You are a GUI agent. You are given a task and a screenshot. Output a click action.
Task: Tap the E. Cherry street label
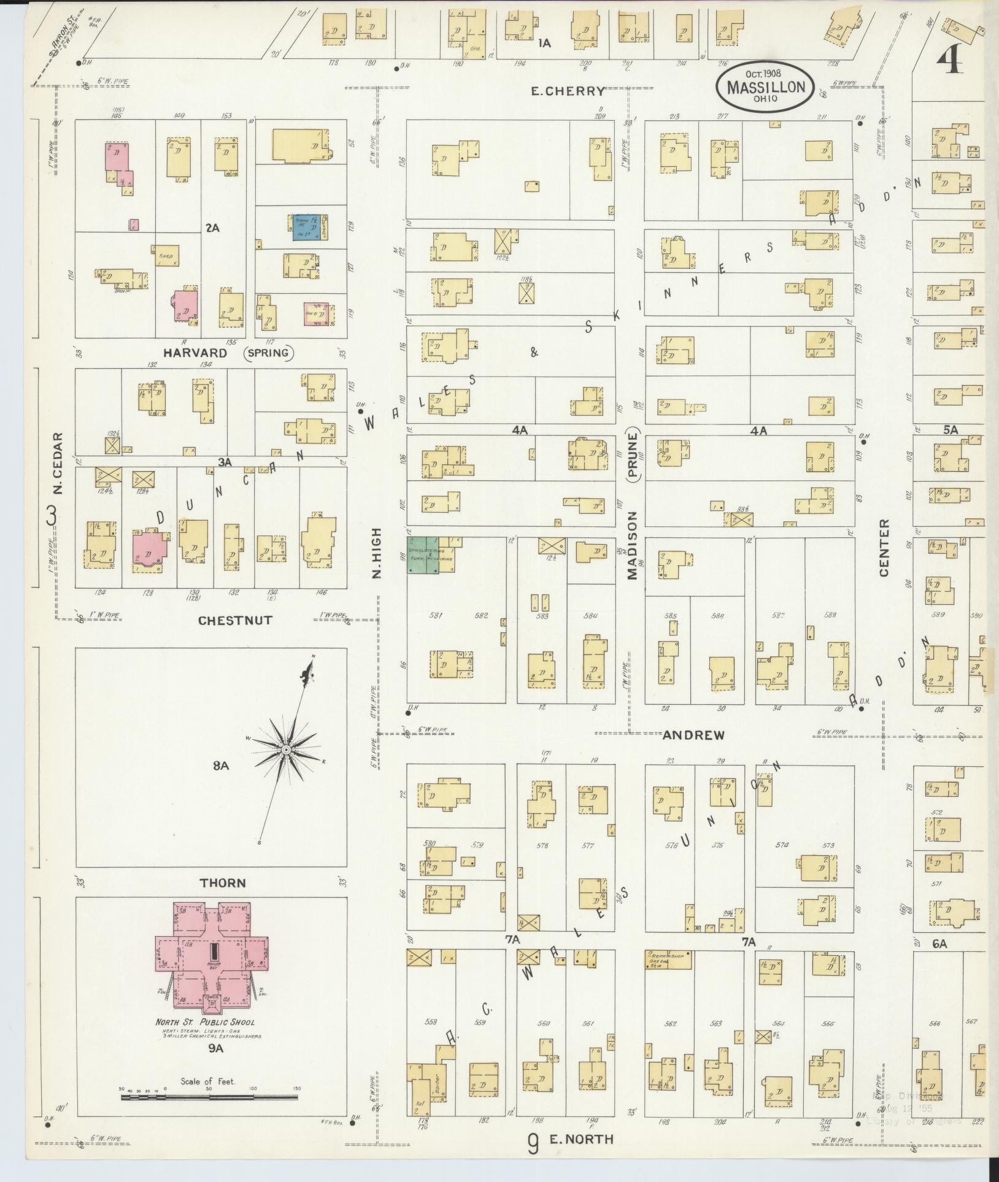pyautogui.click(x=568, y=91)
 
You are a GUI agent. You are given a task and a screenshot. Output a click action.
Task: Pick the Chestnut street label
pyautogui.click(x=235, y=620)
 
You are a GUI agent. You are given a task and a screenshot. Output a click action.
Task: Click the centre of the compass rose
pyautogui.click(x=286, y=750)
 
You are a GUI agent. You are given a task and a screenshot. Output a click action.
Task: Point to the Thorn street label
pyautogui.click(x=223, y=883)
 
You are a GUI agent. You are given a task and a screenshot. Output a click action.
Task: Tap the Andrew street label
pyautogui.click(x=693, y=734)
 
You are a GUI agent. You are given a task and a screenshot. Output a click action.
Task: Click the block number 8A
pyautogui.click(x=221, y=766)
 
